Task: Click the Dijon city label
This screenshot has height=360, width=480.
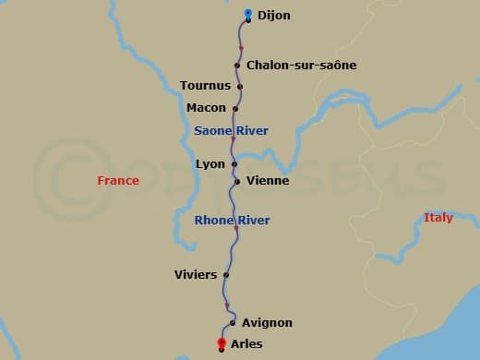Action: pyautogui.click(x=274, y=16)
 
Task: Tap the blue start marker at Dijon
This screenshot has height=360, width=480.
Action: pyautogui.click(x=248, y=14)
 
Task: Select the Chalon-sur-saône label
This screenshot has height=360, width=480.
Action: pyautogui.click(x=301, y=66)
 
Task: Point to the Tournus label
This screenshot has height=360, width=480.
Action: pyautogui.click(x=205, y=86)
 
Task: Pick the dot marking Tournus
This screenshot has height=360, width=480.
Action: pyautogui.click(x=240, y=87)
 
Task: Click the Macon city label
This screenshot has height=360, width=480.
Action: pyautogui.click(x=206, y=108)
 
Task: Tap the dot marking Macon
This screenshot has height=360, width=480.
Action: pyautogui.click(x=235, y=108)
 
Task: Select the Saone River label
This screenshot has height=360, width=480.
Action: pyautogui.click(x=231, y=131)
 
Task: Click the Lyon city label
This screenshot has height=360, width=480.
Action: pyautogui.click(x=210, y=164)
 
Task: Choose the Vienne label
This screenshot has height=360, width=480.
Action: pyautogui.click(x=268, y=181)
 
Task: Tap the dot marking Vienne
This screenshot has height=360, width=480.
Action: pyautogui.click(x=237, y=181)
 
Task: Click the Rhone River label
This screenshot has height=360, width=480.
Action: pyautogui.click(x=232, y=221)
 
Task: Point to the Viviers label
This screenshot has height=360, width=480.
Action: pyautogui.click(x=196, y=275)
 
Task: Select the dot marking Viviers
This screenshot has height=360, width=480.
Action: pyautogui.click(x=225, y=274)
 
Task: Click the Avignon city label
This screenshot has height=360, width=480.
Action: pyautogui.click(x=267, y=323)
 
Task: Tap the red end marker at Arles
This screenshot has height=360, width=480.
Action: pyautogui.click(x=222, y=344)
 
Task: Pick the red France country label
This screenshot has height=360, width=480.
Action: pyautogui.click(x=118, y=181)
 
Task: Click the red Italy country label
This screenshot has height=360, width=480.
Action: pyautogui.click(x=438, y=218)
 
